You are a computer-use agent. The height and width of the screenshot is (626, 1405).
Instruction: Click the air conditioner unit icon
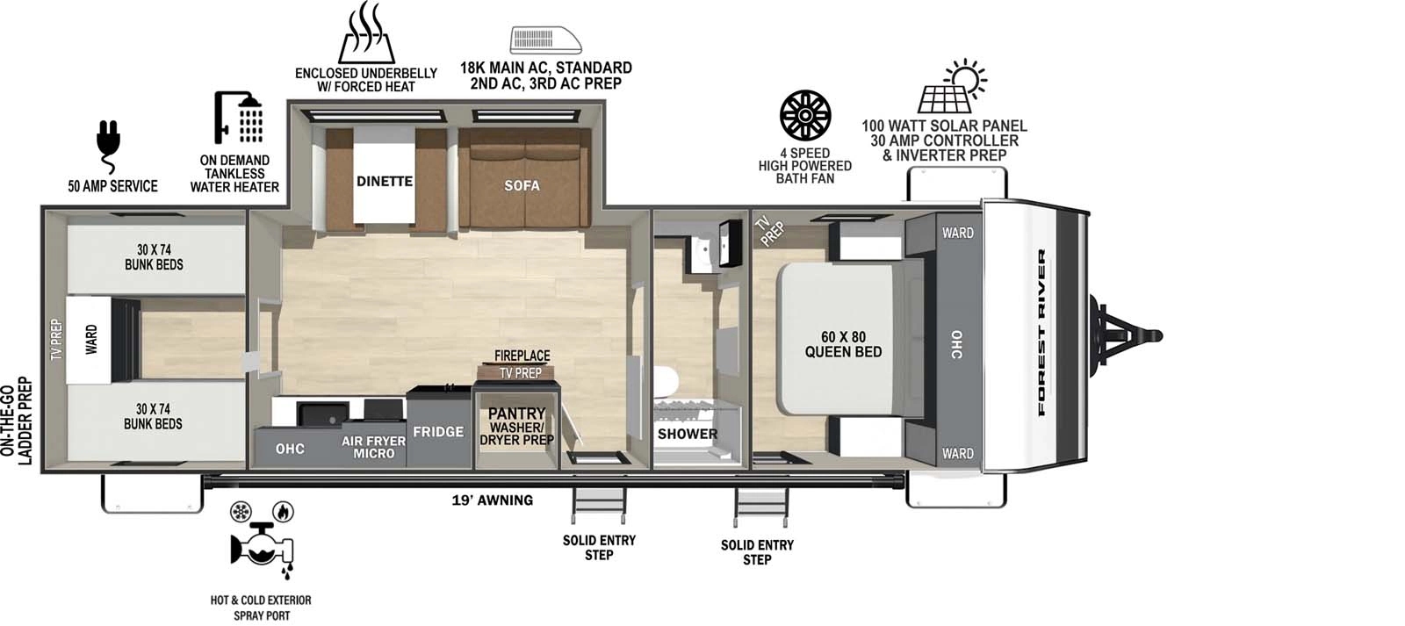click(545, 40)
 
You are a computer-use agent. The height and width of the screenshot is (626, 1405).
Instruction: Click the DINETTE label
click(384, 181)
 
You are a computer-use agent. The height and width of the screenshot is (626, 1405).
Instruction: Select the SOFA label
click(522, 185)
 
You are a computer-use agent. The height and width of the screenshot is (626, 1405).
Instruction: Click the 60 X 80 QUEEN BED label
click(843, 344)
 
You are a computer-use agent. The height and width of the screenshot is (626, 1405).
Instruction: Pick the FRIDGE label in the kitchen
click(438, 431)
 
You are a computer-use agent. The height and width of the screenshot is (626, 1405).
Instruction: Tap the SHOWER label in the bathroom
click(688, 433)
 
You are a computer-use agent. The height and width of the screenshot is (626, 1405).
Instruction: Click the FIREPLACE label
click(522, 356)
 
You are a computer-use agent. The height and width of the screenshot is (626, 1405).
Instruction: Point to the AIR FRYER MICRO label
click(373, 447)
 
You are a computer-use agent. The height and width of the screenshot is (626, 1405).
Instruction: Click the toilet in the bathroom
click(666, 382)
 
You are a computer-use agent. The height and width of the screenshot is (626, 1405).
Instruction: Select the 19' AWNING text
click(492, 500)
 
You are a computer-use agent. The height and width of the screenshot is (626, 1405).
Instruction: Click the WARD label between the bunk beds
click(91, 340)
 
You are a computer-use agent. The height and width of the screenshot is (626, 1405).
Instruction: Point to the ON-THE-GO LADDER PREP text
click(17, 421)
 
